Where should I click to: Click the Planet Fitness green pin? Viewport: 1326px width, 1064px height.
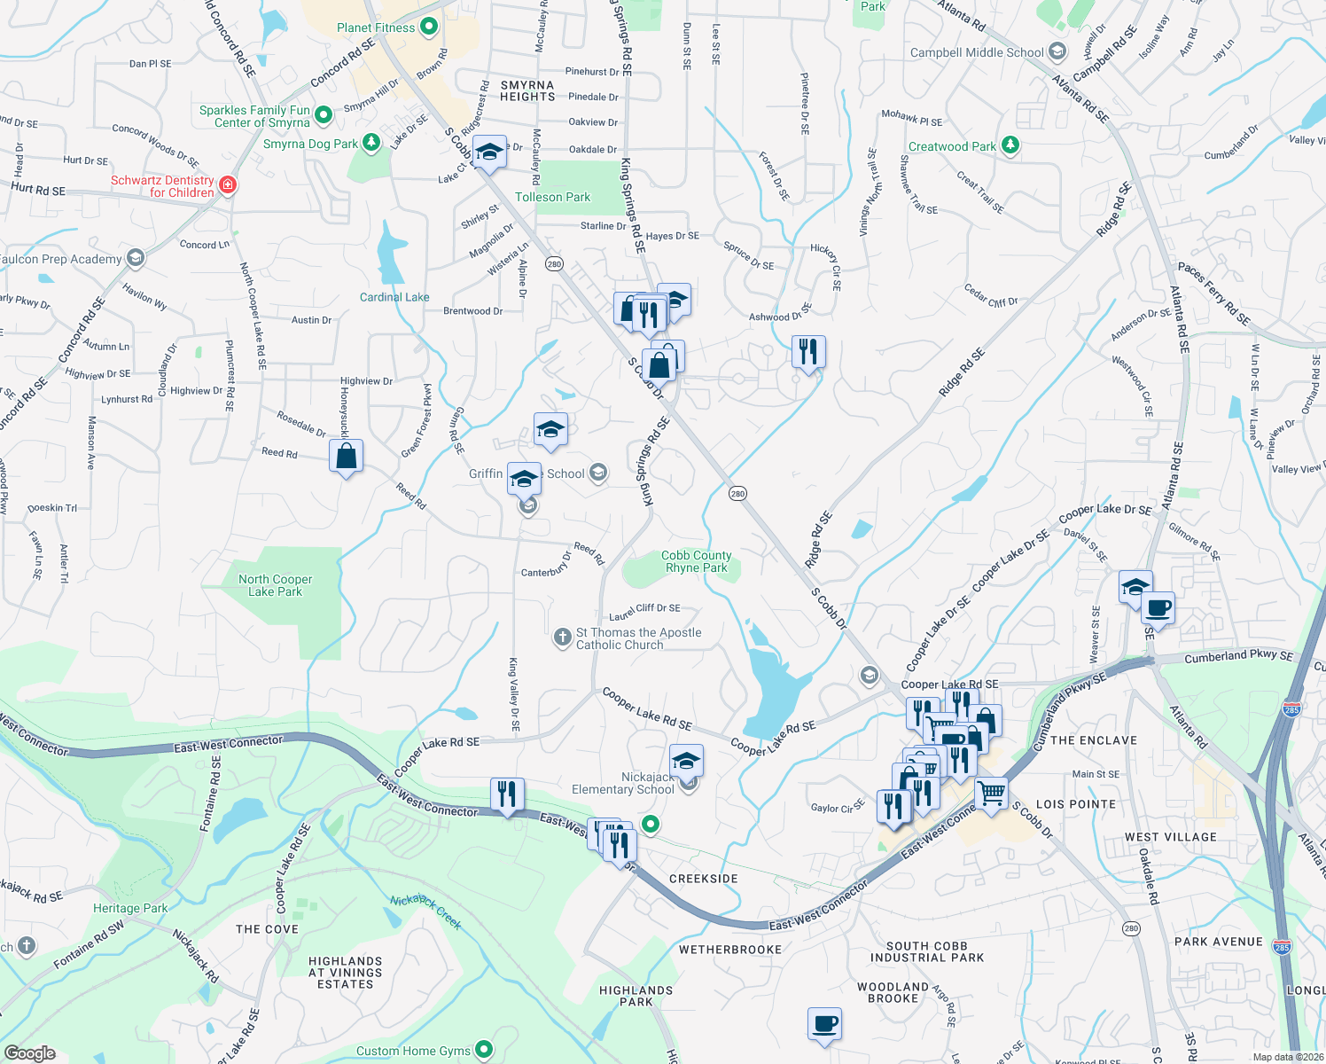click(429, 27)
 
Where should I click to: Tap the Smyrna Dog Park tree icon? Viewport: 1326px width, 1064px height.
click(371, 143)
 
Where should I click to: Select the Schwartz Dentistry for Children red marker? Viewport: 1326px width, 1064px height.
click(228, 185)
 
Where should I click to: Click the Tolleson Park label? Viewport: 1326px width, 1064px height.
click(552, 197)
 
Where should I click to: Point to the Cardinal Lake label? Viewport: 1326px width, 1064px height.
click(394, 297)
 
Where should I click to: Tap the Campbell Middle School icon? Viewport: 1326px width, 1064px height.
click(1057, 51)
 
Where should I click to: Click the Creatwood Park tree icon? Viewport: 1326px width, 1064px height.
click(1010, 145)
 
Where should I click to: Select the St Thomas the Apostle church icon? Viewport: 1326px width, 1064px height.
click(562, 638)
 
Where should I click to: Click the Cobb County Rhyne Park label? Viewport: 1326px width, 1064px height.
click(696, 561)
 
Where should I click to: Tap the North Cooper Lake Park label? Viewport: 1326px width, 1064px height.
click(275, 585)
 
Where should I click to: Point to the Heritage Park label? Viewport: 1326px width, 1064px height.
click(130, 908)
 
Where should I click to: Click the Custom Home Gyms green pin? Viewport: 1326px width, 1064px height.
click(483, 1051)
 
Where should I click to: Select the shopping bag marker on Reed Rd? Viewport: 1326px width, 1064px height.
click(346, 457)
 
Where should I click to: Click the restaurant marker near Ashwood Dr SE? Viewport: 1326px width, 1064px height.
click(807, 352)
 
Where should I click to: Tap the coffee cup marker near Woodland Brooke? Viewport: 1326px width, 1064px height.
click(824, 1024)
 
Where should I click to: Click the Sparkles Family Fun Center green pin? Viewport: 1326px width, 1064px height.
click(324, 114)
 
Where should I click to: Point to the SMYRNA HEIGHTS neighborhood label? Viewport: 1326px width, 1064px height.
click(527, 91)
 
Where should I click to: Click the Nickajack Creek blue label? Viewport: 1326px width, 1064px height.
click(426, 911)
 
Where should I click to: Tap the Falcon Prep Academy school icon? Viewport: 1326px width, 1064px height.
click(135, 258)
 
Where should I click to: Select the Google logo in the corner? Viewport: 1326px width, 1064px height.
click(30, 1052)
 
